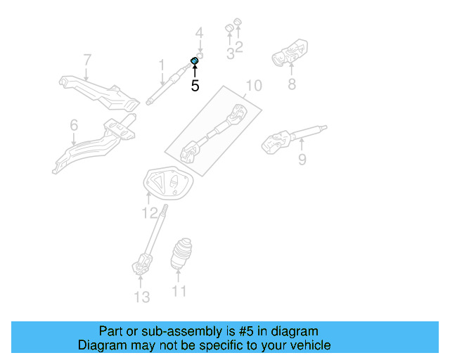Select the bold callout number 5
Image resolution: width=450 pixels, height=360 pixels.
(x=195, y=86)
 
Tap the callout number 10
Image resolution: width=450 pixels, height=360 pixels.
(x=253, y=86)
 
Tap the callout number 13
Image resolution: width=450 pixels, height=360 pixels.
(x=142, y=297)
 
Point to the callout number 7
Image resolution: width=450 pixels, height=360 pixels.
(x=87, y=60)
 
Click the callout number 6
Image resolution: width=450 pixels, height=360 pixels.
(x=74, y=125)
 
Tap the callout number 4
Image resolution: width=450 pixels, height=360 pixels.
(x=199, y=33)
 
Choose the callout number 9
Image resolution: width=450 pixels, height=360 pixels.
(x=302, y=160)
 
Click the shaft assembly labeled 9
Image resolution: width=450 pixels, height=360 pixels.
(x=290, y=137)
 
